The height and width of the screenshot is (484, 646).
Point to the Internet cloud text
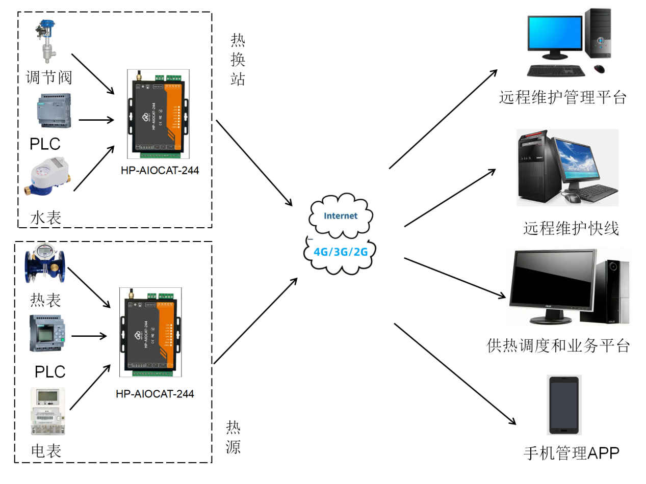[341, 216]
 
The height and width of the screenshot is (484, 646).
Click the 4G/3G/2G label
[341, 251]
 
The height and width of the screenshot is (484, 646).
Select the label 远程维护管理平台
[562, 97]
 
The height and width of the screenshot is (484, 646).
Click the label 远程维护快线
[571, 229]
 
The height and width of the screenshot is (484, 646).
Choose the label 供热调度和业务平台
[558, 346]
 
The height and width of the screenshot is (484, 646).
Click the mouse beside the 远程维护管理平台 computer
[600, 69]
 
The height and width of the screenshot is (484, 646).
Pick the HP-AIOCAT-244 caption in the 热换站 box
[160, 170]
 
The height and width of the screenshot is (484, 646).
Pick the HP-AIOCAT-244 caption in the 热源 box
[154, 394]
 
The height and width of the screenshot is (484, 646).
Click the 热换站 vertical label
[238, 59]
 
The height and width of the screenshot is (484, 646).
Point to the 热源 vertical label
[233, 437]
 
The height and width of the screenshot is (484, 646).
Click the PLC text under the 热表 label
[50, 371]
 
